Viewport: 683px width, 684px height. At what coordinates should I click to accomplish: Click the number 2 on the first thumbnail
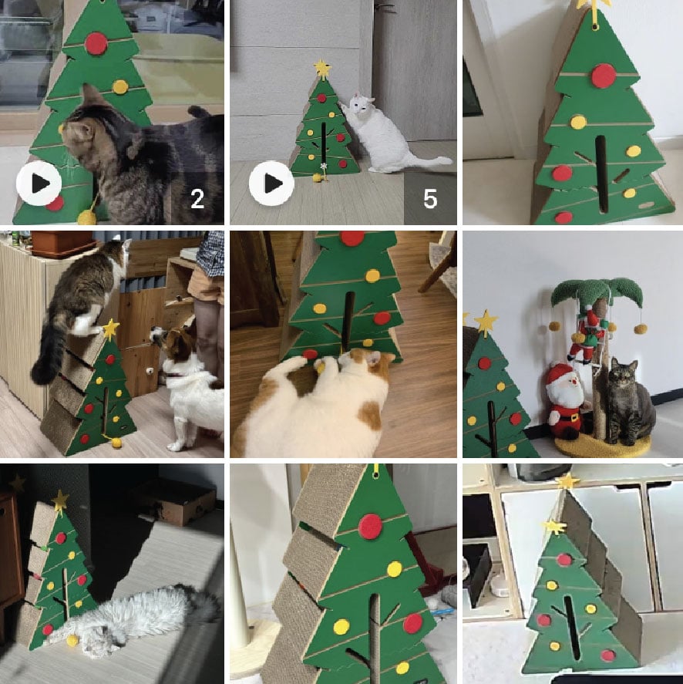pos(197,199)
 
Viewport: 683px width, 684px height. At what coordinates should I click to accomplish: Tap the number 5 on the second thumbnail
pos(430,199)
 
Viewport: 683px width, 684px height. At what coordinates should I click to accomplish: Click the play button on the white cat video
pos(271,184)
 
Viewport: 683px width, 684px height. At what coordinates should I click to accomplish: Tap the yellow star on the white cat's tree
pos(322,69)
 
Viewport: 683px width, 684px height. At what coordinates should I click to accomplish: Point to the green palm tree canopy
pos(597,291)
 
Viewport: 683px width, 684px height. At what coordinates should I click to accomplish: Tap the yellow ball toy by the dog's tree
pos(116,443)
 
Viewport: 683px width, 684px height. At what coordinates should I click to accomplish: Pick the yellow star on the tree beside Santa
pos(486,322)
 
